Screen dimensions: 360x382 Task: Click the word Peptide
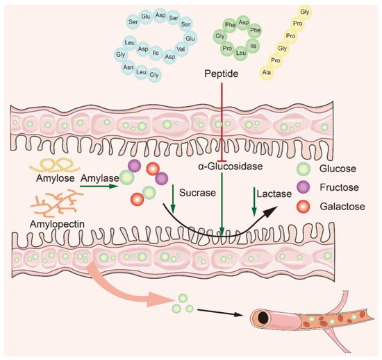coord(222,73)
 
